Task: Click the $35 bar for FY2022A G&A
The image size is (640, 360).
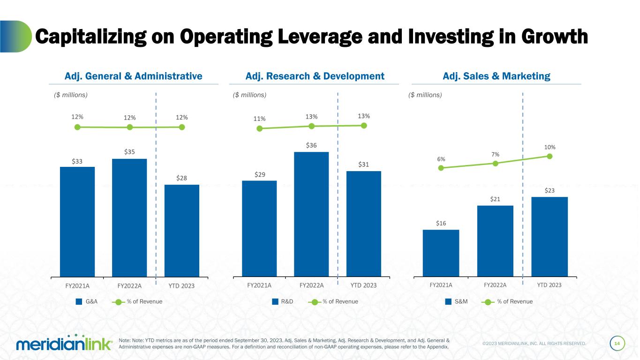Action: point(129,217)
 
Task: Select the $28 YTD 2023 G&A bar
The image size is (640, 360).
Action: point(182,230)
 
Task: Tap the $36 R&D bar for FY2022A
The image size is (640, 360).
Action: point(311,214)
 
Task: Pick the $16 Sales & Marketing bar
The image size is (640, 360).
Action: point(441,253)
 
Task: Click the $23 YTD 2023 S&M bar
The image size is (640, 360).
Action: point(550,236)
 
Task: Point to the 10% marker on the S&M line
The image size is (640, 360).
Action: point(550,156)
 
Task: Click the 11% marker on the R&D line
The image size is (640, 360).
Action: point(259,128)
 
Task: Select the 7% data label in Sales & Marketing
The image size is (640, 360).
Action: point(495,154)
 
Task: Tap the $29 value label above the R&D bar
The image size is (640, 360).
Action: point(259,174)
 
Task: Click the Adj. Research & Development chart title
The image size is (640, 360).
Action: point(315,76)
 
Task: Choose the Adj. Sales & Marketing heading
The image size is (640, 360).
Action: point(497,76)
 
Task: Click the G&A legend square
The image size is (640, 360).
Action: point(79,301)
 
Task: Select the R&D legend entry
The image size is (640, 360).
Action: point(283,301)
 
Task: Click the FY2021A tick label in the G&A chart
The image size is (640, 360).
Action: point(77,285)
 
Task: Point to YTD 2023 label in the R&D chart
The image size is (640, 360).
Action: point(363,285)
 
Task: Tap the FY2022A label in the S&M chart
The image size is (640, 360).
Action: point(495,285)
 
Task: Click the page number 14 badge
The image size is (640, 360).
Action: point(617,344)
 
